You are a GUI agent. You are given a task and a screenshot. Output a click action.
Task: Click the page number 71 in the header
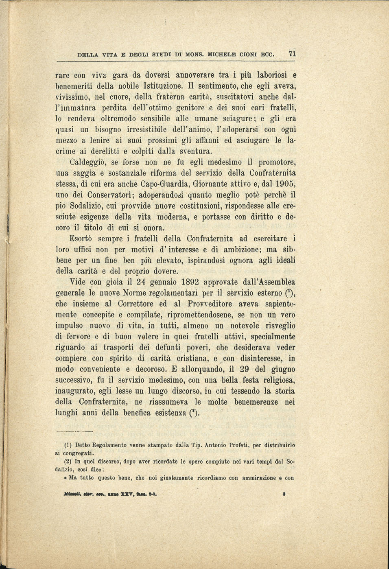(x=292, y=54)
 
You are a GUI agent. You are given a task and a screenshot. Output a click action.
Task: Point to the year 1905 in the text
(x=286, y=184)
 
